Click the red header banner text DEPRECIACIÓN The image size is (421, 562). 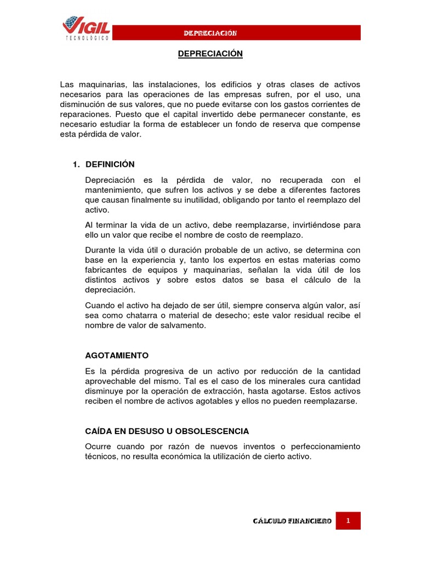pyautogui.click(x=210, y=33)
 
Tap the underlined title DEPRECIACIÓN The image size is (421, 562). pyautogui.click(x=210, y=54)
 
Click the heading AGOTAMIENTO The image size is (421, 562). pyautogui.click(x=117, y=356)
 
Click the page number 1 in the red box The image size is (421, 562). pyautogui.click(x=348, y=521)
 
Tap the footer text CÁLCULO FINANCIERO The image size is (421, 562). pyautogui.click(x=292, y=521)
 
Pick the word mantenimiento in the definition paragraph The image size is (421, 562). pyautogui.click(x=115, y=190)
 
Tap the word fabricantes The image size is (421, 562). pyautogui.click(x=107, y=270)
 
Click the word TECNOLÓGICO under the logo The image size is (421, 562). pyautogui.click(x=88, y=38)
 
